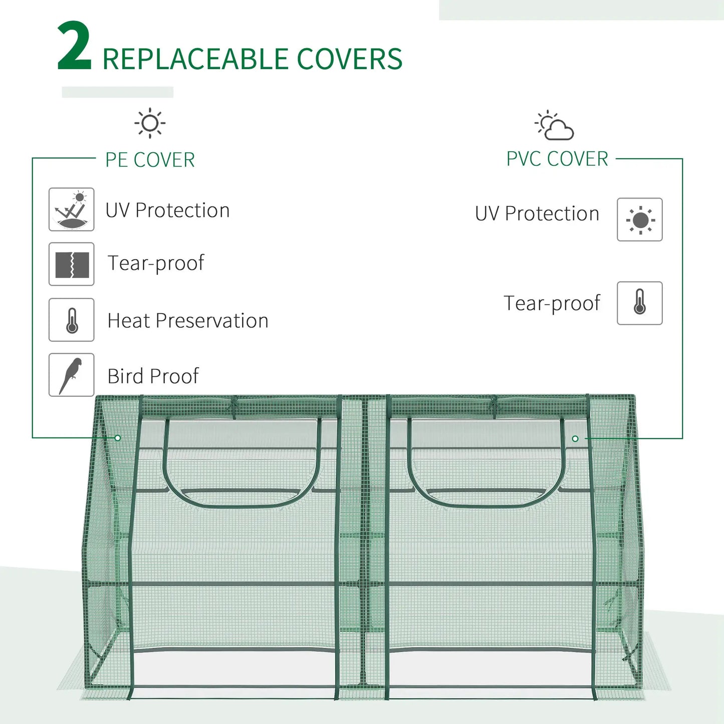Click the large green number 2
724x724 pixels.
(74, 47)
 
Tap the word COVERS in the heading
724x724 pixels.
(349, 59)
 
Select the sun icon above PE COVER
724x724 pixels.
(150, 123)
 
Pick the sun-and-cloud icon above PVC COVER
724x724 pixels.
(554, 125)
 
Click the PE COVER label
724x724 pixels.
(150, 160)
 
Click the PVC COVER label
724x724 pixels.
(557, 159)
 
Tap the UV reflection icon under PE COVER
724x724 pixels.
(71, 209)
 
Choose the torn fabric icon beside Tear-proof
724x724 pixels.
(71, 264)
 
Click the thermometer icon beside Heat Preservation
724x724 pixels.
(71, 320)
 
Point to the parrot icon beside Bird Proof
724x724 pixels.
(71, 375)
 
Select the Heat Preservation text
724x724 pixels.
(188, 321)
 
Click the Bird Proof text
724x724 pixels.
(153, 376)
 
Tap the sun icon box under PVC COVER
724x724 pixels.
(639, 219)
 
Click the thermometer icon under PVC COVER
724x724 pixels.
(639, 303)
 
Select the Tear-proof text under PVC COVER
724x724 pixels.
(552, 304)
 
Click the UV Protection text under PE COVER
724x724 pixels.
(167, 210)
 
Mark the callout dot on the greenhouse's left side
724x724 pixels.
(118, 438)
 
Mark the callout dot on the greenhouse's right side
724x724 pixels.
(575, 438)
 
